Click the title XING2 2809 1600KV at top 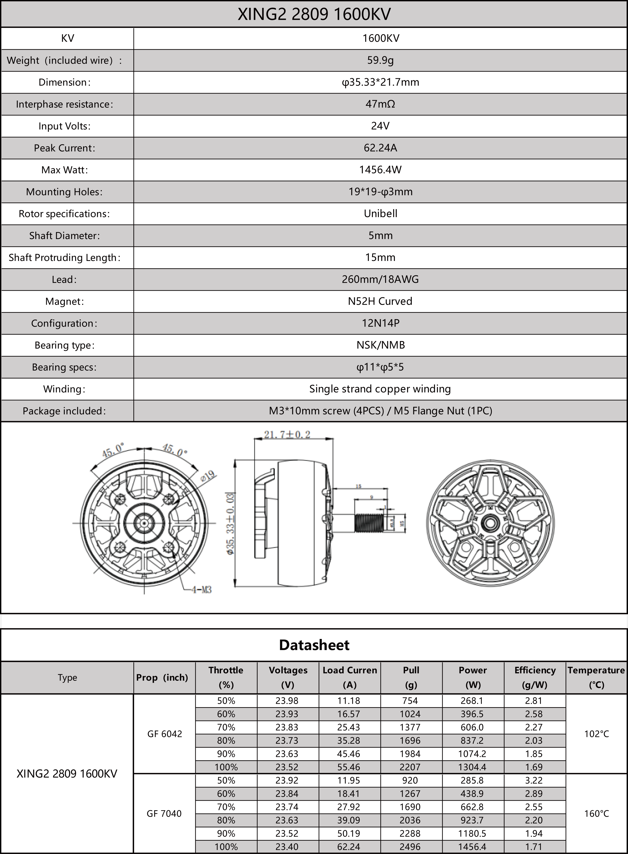[314, 14]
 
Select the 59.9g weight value [380, 60]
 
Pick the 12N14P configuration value [380, 323]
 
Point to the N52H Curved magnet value [380, 301]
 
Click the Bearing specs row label [64, 367]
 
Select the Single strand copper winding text [380, 389]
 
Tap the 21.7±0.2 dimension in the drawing [287, 434]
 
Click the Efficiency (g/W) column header [534, 677]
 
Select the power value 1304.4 [472, 767]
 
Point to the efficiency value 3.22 [534, 780]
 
